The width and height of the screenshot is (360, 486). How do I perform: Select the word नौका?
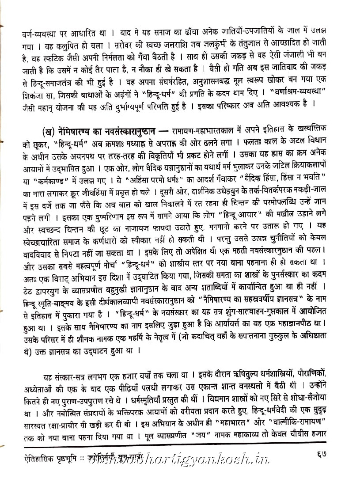coord(176,69)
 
